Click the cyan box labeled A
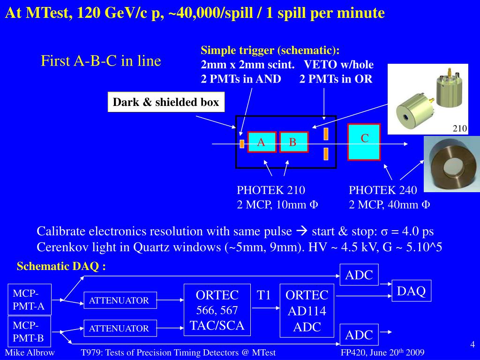click(262, 142)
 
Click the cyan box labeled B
click(293, 142)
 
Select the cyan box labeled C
click(364, 142)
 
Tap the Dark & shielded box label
click(166, 103)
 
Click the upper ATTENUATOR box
click(120, 300)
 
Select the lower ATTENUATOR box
click(120, 329)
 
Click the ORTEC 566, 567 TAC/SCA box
click(217, 310)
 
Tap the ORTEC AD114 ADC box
click(307, 310)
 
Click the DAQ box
click(411, 291)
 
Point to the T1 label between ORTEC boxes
click(264, 295)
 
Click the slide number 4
click(472, 345)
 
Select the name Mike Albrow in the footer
click(30, 352)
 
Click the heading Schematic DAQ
click(61, 267)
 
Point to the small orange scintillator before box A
click(242, 143)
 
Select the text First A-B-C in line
click(101, 61)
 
